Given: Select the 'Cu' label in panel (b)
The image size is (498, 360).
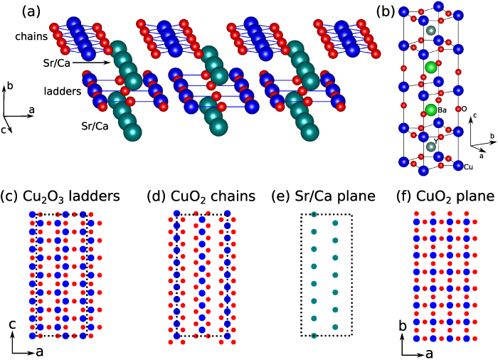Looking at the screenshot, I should coord(468,166).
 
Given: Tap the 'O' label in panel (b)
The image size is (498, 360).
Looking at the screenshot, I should coord(464,109).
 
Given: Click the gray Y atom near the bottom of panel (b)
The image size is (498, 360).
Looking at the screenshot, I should coord(431,147).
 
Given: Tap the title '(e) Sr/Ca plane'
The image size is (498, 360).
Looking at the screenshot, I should coord(326,196).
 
